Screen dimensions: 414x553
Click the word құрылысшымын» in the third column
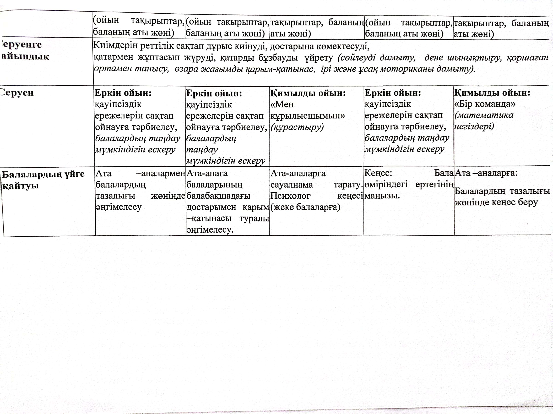click(x=307, y=116)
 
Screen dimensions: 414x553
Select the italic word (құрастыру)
click(x=297, y=127)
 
